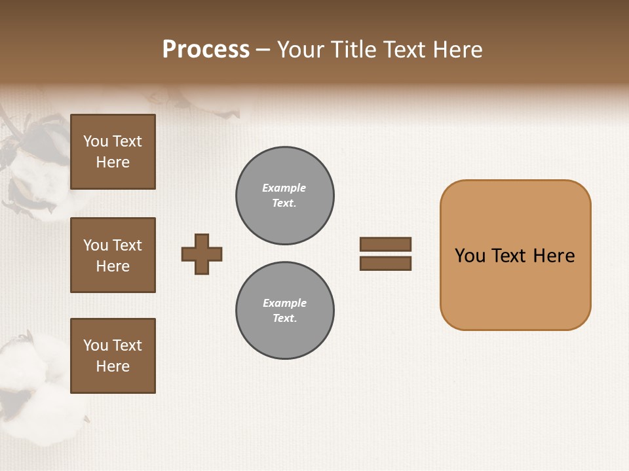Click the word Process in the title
206,50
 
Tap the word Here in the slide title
456,50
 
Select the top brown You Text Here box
113,152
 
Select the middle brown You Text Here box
113,255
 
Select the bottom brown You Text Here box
113,356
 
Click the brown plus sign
202,254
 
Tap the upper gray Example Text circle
285,196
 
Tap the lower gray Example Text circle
285,311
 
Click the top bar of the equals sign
386,244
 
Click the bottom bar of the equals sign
386,264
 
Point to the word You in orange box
470,256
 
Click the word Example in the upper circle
284,188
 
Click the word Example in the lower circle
284,304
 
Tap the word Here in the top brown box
113,162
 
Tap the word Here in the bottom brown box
113,366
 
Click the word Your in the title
301,50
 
